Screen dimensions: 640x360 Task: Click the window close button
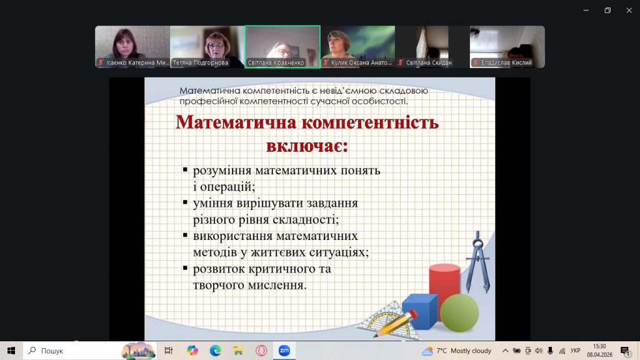(x=629, y=11)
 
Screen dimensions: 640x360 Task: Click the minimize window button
(x=586, y=11)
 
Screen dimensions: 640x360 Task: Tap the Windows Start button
(x=11, y=351)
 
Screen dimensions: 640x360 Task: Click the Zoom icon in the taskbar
(x=284, y=351)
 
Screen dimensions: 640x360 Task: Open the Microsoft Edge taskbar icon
(x=215, y=351)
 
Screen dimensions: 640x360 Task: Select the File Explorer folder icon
(x=238, y=351)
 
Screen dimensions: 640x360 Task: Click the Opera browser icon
(x=261, y=351)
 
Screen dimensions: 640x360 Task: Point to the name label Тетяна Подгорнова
(x=200, y=62)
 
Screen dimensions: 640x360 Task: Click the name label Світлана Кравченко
(x=276, y=62)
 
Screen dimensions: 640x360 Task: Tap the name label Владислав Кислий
(x=506, y=62)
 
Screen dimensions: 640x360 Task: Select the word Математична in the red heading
(x=236, y=122)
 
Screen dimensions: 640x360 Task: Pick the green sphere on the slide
(x=459, y=312)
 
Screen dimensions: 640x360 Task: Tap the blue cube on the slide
(x=419, y=311)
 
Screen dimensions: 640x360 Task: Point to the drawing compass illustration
(x=477, y=262)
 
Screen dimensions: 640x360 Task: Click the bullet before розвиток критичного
(x=185, y=268)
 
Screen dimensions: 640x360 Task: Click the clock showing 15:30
(x=599, y=346)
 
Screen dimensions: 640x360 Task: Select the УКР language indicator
(x=576, y=351)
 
